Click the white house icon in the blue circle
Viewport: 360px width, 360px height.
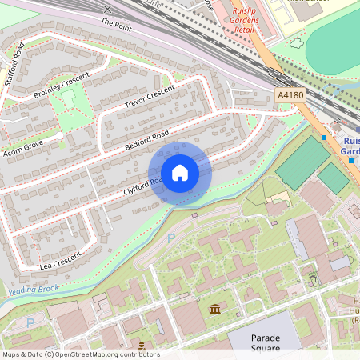[x=180, y=172]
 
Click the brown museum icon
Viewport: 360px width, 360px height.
[x=215, y=309]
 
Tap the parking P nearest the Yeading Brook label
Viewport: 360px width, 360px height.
[x=31, y=322]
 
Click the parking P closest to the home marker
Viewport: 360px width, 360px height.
[x=170, y=238]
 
